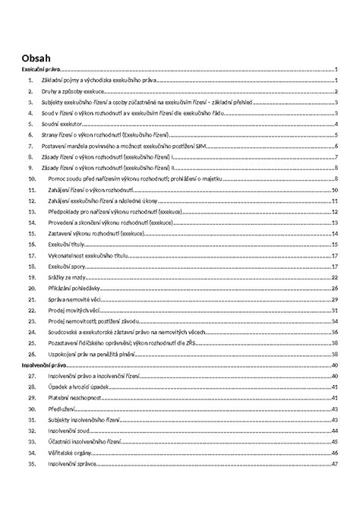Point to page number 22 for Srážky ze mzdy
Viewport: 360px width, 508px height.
(x=334, y=279)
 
